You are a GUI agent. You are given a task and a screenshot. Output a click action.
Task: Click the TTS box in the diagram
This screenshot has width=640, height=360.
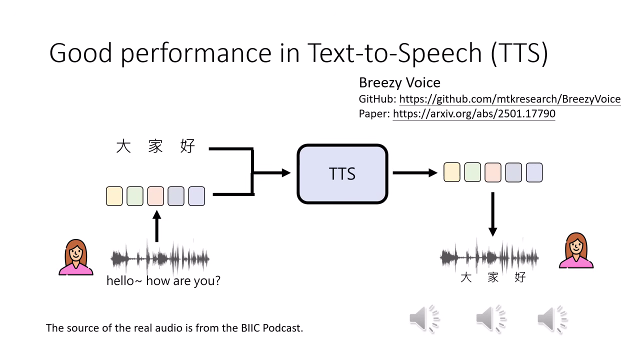click(x=342, y=173)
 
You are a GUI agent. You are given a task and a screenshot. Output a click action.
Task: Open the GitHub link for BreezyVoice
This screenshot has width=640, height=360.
click(x=509, y=99)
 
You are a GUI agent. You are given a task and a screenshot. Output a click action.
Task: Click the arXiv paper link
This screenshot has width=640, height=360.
click(x=473, y=113)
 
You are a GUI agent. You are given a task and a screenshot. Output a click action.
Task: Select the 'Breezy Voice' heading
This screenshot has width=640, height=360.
click(x=399, y=82)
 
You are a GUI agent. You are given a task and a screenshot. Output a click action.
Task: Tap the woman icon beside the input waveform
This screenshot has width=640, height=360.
click(x=76, y=257)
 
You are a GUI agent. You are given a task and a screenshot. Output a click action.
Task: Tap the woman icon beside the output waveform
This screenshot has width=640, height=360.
click(x=576, y=250)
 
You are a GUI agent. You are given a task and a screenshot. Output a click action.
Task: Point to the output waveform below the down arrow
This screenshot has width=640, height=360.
click(x=489, y=257)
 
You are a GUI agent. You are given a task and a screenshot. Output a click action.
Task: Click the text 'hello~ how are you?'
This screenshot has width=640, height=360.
click(x=163, y=280)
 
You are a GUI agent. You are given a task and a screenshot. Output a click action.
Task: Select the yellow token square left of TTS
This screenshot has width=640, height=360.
click(x=114, y=196)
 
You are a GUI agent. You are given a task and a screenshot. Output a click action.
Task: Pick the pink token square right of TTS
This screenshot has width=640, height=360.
click(x=493, y=172)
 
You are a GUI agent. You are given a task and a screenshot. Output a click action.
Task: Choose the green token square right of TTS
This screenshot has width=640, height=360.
click(x=472, y=172)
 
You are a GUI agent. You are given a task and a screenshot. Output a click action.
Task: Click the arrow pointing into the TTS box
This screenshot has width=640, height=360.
click(x=272, y=173)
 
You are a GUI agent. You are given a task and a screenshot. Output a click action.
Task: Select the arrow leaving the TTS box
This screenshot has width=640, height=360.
click(x=414, y=173)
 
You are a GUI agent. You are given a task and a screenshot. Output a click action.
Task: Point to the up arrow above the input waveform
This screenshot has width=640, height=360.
click(x=157, y=226)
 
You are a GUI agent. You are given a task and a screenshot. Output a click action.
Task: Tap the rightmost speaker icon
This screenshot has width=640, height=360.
click(x=552, y=318)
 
